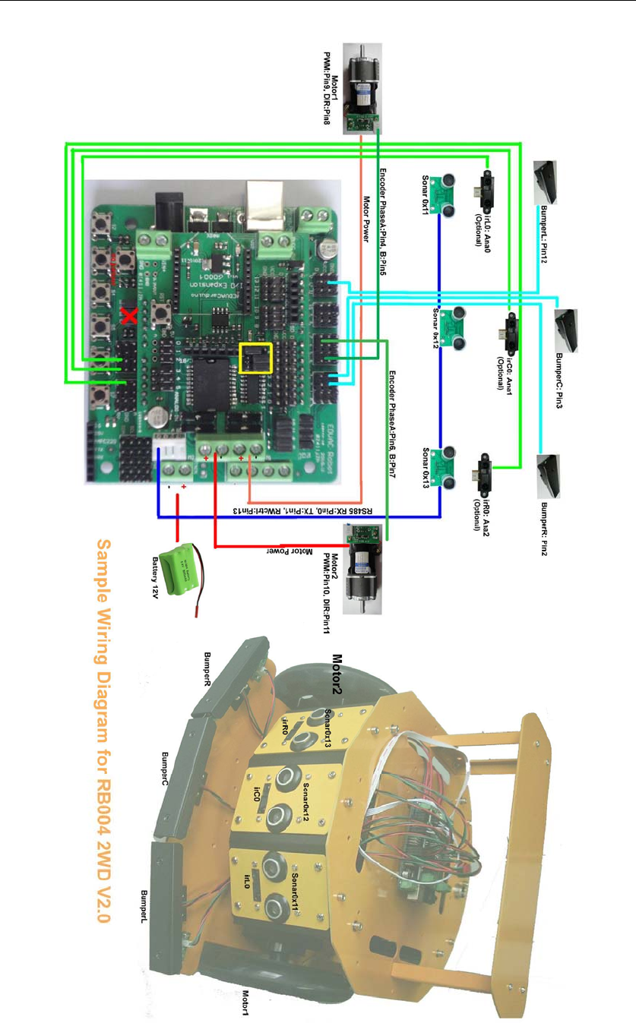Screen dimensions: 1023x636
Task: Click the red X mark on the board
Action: click(x=129, y=316)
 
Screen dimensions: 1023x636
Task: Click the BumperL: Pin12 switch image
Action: click(x=549, y=182)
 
